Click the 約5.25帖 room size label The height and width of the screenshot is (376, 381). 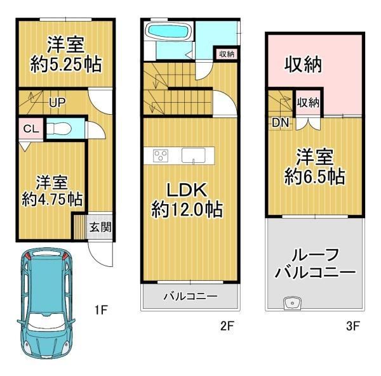point(67,65)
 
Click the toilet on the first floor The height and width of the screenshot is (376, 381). point(61,127)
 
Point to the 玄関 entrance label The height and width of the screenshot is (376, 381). point(100,226)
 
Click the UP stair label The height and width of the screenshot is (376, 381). point(57,101)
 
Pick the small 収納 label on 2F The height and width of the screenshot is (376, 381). point(226,54)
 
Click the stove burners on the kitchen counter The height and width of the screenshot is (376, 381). point(160,155)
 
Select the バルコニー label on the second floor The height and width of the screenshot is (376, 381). point(190,296)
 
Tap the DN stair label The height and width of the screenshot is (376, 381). point(280,122)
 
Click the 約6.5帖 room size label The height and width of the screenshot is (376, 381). point(314,166)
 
